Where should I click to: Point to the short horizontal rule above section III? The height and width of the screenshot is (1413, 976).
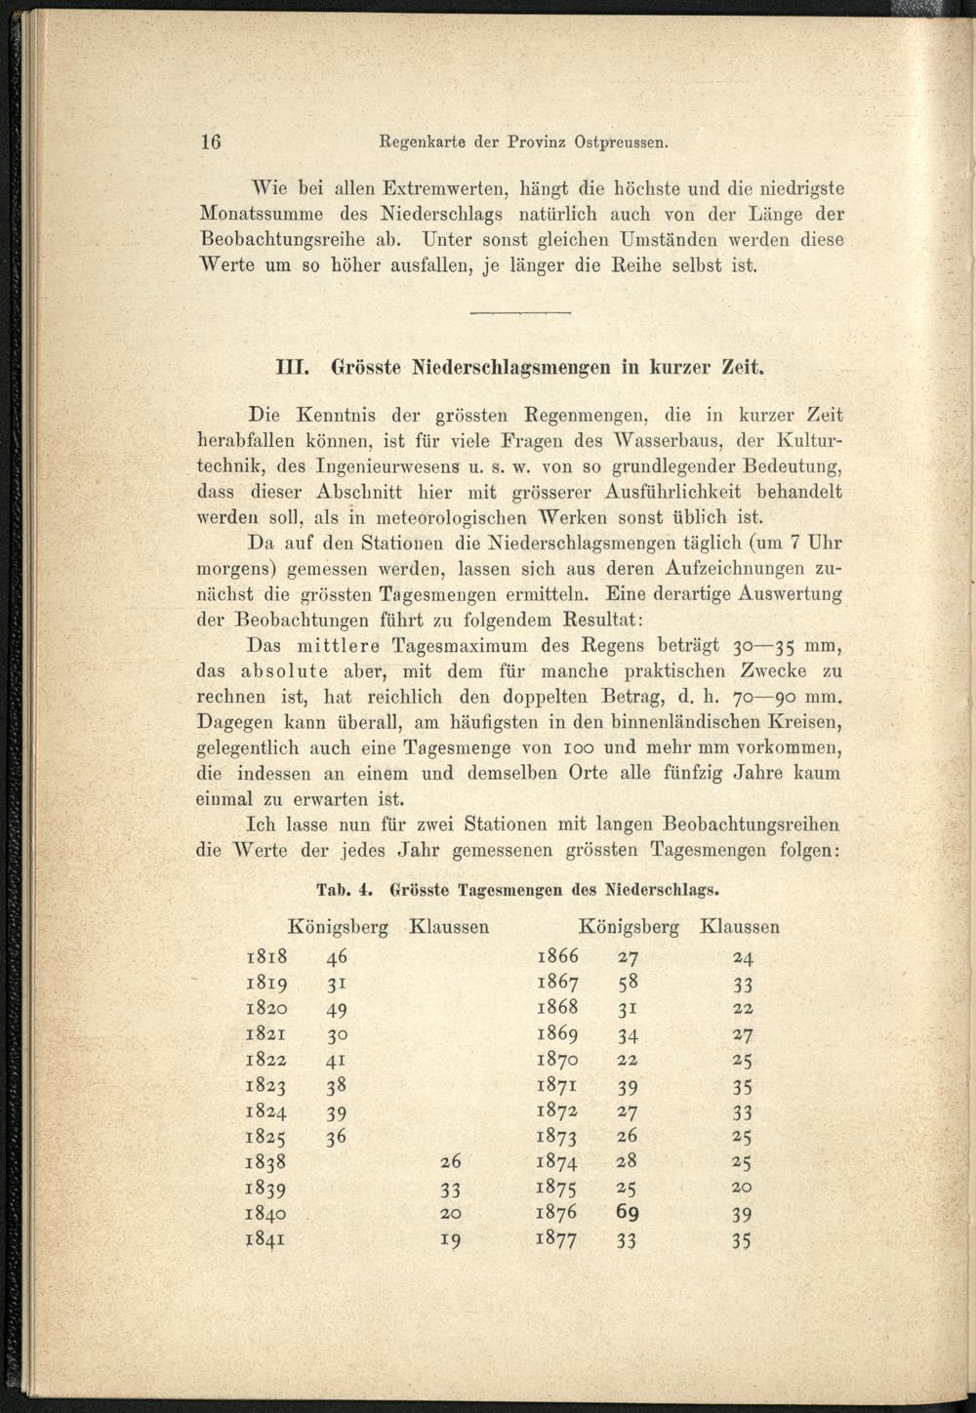(519, 312)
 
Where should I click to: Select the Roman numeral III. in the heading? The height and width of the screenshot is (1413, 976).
(293, 370)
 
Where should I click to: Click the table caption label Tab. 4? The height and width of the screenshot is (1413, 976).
(346, 889)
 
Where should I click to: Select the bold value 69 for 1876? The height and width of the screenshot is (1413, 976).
(628, 1213)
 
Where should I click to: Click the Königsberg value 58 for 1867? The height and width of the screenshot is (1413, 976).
(628, 982)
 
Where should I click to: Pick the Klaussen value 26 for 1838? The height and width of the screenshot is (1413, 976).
(450, 1161)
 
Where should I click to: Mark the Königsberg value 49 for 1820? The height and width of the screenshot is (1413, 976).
(337, 1009)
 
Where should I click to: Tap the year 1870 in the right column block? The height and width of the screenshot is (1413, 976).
(557, 1059)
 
